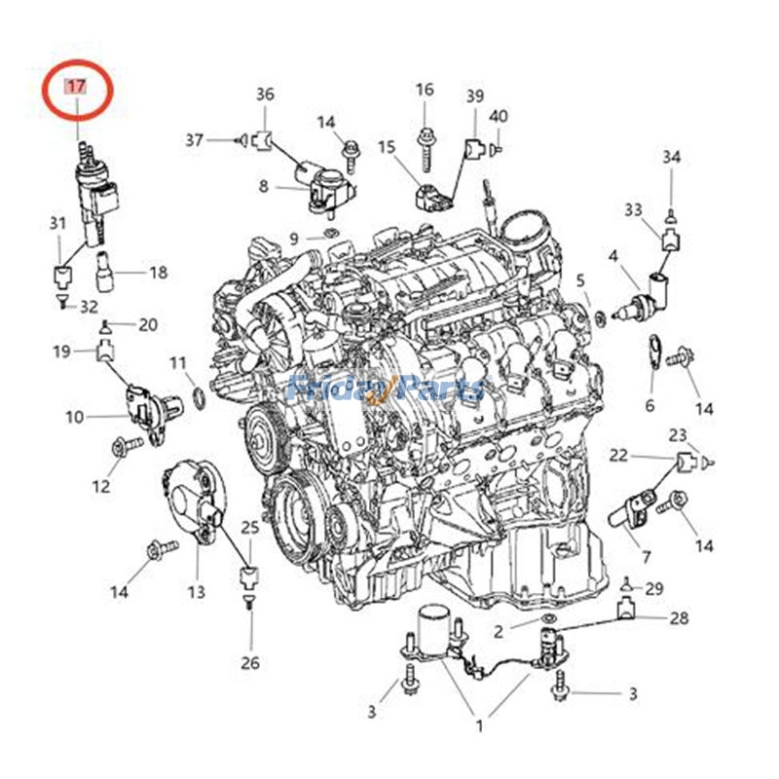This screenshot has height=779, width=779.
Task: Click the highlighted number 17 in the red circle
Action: [x=77, y=87]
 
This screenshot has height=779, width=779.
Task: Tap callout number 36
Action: [x=265, y=93]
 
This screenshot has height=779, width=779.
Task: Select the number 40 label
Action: [x=499, y=116]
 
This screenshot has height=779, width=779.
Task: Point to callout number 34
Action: [x=671, y=157]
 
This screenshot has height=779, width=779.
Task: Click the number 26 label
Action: [x=250, y=662]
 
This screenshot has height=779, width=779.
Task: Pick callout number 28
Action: [x=679, y=618]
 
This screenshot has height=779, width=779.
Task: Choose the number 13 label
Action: [x=197, y=592]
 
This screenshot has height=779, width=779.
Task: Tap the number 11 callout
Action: [x=178, y=363]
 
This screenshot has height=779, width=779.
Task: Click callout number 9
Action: [x=294, y=239]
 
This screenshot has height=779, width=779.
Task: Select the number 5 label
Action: [x=580, y=280]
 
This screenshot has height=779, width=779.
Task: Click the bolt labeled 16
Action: [x=425, y=150]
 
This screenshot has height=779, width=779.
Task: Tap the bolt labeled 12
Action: [x=128, y=445]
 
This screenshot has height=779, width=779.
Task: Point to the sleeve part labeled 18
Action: [x=105, y=272]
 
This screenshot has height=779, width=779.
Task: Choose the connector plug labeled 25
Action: [x=250, y=576]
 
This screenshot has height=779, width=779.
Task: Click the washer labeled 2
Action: [x=547, y=618]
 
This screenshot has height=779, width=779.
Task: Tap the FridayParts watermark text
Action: [x=387, y=388]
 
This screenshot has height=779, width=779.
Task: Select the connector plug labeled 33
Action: [x=670, y=240]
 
